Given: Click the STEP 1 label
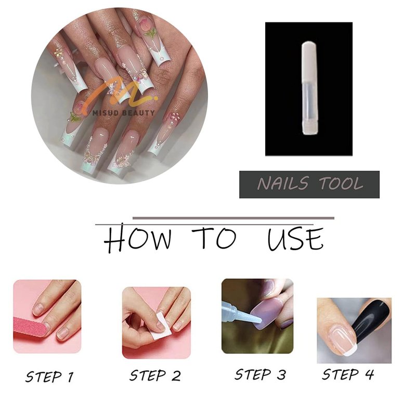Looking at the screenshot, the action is (x=49, y=376).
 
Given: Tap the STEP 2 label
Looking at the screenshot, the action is (x=155, y=375).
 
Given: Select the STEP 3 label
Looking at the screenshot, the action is (x=261, y=374).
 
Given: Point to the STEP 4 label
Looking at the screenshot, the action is (x=348, y=374).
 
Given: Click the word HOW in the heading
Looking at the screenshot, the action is (x=137, y=239).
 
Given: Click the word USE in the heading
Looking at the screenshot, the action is (x=295, y=239).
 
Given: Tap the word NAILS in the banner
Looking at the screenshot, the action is (x=283, y=184).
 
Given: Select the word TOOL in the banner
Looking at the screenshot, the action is (x=341, y=184).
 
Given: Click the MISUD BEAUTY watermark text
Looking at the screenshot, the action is (x=124, y=113).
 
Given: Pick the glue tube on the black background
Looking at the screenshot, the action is (x=309, y=88).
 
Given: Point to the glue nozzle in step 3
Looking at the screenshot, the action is (x=246, y=315).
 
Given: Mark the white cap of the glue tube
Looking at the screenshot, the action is (x=309, y=61).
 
